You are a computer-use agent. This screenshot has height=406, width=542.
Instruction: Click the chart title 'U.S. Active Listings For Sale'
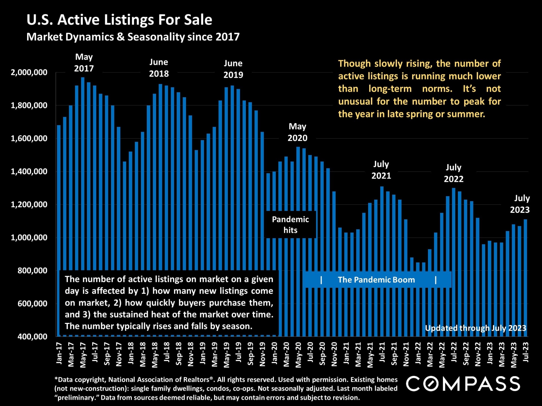(119, 20)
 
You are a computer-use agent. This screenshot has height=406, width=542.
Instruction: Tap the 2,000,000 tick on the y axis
(29, 72)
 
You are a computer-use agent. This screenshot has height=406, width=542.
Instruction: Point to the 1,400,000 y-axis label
(29, 171)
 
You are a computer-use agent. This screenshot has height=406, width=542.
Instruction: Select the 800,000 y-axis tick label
(32, 271)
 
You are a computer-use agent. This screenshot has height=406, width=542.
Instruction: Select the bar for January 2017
(59, 226)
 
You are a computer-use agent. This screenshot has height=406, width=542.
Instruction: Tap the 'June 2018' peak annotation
(159, 68)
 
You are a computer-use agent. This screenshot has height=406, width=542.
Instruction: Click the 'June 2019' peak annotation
(233, 69)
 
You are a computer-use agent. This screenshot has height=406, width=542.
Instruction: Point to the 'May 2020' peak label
(298, 132)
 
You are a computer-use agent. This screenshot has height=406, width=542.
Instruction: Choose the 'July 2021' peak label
(381, 170)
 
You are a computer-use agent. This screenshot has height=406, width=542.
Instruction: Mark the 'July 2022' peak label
(453, 173)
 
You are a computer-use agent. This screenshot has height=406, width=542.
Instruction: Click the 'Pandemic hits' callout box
(290, 225)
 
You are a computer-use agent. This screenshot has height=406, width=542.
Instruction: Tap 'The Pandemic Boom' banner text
(376, 280)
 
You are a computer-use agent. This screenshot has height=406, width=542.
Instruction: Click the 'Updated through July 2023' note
(476, 328)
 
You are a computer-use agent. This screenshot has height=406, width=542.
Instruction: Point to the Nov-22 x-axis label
(478, 354)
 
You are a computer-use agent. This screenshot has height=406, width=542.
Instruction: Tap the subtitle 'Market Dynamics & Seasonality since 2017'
(133, 37)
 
